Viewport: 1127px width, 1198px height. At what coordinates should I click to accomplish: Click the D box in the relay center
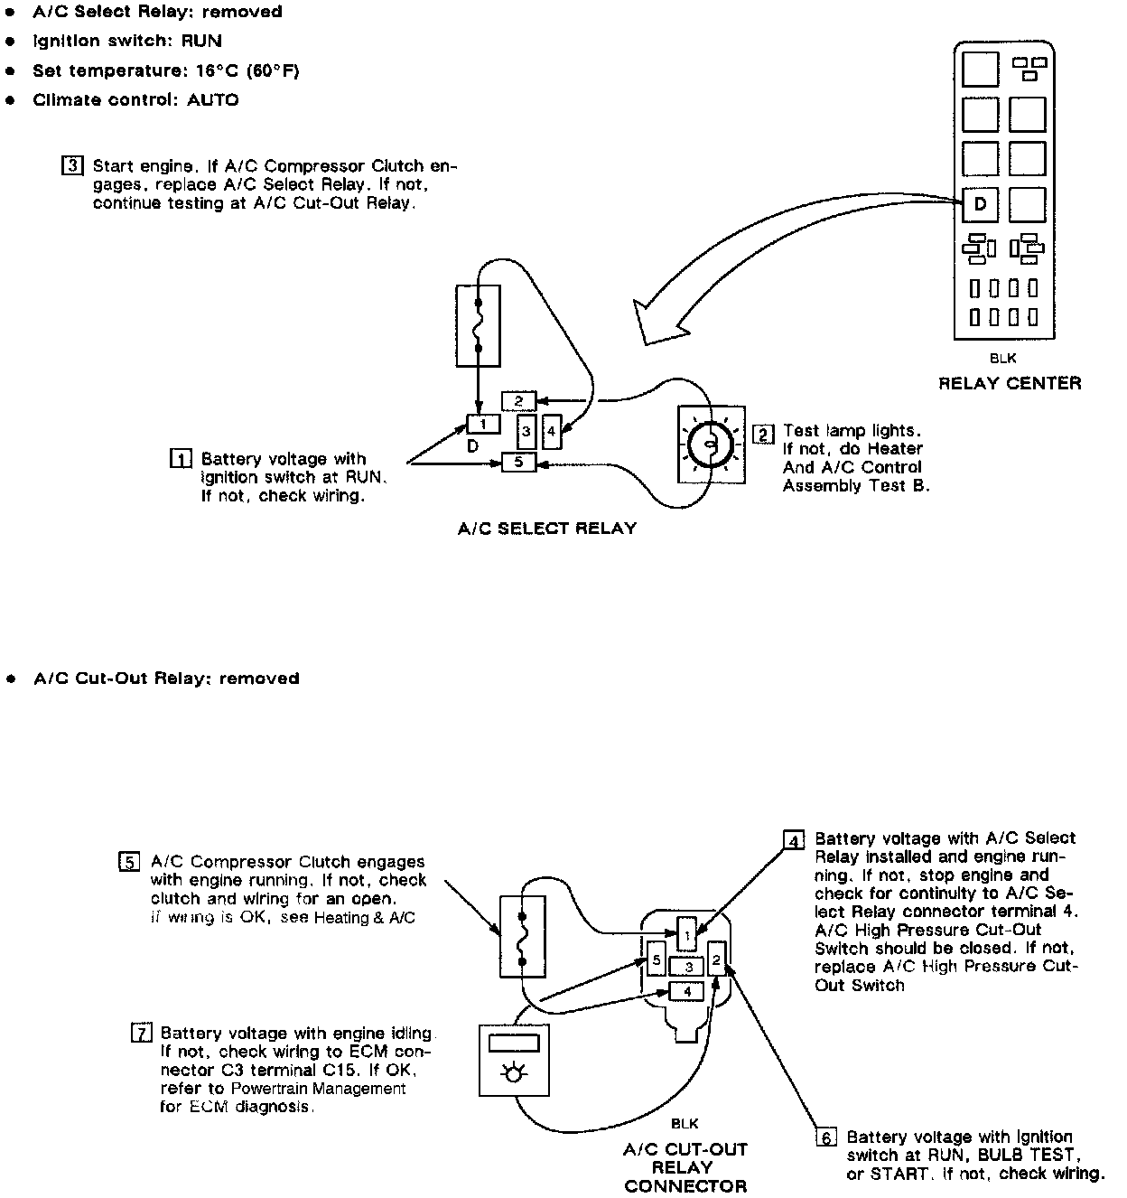coord(980,205)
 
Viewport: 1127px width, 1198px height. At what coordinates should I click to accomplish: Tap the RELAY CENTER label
coord(1010,383)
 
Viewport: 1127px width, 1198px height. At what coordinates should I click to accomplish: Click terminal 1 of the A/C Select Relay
coord(483,424)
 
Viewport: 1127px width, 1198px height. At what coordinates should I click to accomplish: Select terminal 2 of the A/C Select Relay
coord(518,400)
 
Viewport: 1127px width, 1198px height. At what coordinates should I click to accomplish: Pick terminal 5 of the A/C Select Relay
coord(518,463)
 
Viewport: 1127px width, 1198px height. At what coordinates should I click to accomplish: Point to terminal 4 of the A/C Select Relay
coord(552,432)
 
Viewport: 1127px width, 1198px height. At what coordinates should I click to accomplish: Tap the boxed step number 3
coord(73,166)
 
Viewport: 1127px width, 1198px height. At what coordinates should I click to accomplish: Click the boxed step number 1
coord(181,459)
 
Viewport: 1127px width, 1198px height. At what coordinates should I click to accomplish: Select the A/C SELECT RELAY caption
coord(547,529)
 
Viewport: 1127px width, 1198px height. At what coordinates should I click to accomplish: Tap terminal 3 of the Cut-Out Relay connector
coord(687,968)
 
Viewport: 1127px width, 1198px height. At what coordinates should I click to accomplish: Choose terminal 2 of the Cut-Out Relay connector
coord(716,960)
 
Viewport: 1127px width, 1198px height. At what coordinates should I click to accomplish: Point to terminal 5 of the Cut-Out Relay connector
coord(657,960)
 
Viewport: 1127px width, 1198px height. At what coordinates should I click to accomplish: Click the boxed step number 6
coord(827,1137)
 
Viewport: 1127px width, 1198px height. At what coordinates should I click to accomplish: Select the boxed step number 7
coord(141,1033)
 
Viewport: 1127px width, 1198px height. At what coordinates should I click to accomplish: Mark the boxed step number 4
coord(795,841)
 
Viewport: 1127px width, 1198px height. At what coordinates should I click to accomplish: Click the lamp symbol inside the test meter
coord(514,1073)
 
